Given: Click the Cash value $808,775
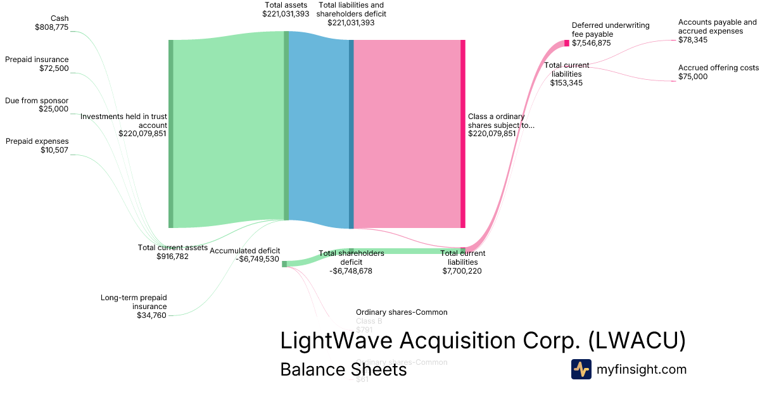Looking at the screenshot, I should (x=51, y=27).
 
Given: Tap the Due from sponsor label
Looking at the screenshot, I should (x=37, y=101).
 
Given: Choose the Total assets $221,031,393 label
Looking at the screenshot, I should (x=286, y=9).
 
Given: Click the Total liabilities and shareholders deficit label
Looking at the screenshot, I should (x=351, y=13).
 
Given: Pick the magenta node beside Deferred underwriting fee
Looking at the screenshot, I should (x=567, y=43).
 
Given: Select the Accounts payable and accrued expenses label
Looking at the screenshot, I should (x=717, y=30).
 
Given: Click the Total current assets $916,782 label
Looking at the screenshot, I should (x=172, y=252).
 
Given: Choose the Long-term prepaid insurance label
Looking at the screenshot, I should (x=134, y=306).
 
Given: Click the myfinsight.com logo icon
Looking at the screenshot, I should (x=581, y=369).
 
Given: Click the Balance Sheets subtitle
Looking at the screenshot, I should (x=343, y=370).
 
